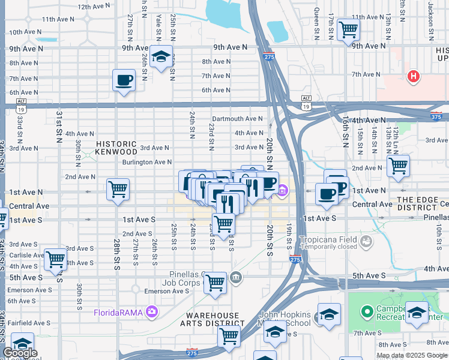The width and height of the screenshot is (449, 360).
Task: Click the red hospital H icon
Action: (412, 76)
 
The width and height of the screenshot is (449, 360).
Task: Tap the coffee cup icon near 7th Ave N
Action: (124, 80)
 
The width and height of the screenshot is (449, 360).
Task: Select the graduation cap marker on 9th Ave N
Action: (161, 56)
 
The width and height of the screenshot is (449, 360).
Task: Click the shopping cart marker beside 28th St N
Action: (118, 189)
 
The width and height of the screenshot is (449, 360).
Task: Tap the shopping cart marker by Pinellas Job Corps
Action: (215, 282)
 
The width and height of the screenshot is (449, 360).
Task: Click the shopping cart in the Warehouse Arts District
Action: (229, 336)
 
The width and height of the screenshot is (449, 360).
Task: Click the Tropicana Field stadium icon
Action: (365, 241)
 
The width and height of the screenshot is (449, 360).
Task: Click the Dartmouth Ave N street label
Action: (237, 119)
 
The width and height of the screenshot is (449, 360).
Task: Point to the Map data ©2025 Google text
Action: (411, 355)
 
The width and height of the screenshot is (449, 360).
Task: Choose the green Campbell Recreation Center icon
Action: (367, 311)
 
